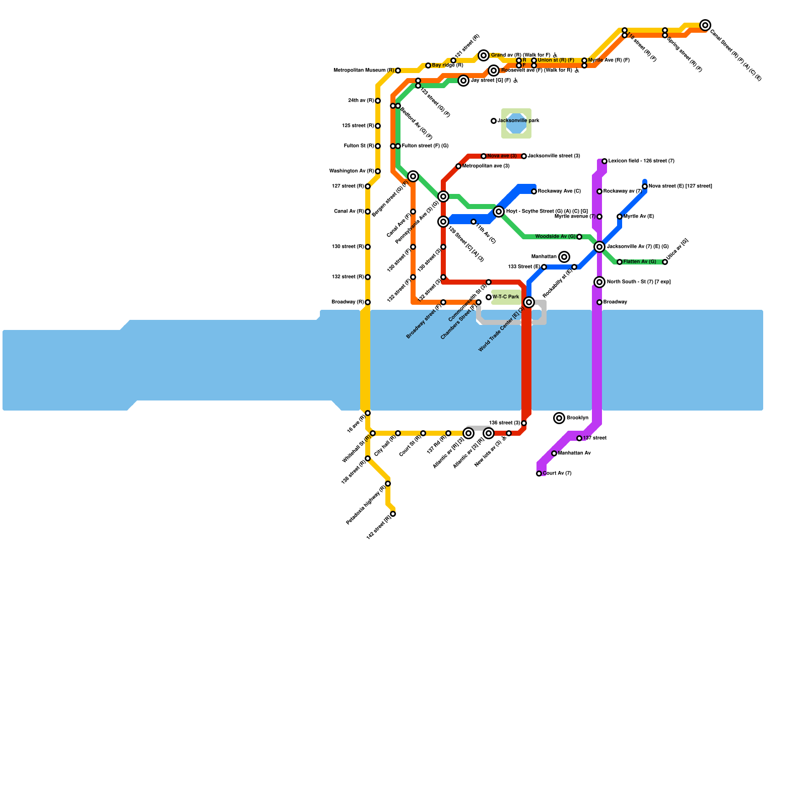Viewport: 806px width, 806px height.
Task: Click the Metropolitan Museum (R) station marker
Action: pyautogui.click(x=398, y=71)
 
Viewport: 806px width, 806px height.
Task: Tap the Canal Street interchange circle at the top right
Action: pyautogui.click(x=705, y=25)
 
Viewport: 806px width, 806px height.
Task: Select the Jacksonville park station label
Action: pyautogui.click(x=518, y=121)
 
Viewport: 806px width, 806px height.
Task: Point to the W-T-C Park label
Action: pyautogui.click(x=506, y=297)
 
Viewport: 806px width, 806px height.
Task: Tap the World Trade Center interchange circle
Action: pyautogui.click(x=529, y=302)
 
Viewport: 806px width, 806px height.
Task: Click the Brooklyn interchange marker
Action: pyautogui.click(x=559, y=418)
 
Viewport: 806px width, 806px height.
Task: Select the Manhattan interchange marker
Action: pyautogui.click(x=564, y=257)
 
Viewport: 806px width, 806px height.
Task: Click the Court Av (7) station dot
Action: pyautogui.click(x=539, y=474)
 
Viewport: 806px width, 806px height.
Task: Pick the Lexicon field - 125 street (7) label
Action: pyautogui.click(x=641, y=161)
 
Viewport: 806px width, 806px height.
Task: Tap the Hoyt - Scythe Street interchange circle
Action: pyautogui.click(x=499, y=212)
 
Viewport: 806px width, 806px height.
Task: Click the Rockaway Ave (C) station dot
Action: pyautogui.click(x=534, y=191)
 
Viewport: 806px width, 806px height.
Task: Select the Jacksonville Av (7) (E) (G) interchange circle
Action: pyautogui.click(x=599, y=247)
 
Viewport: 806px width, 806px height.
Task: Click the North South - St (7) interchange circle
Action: pyautogui.click(x=599, y=282)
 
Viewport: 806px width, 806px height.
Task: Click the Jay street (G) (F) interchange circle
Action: pyautogui.click(x=463, y=81)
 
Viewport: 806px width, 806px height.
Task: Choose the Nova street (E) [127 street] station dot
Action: pyautogui.click(x=645, y=186)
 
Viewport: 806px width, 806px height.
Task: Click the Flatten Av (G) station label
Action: pyautogui.click(x=640, y=262)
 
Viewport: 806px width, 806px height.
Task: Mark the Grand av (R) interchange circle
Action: pyautogui.click(x=484, y=55)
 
